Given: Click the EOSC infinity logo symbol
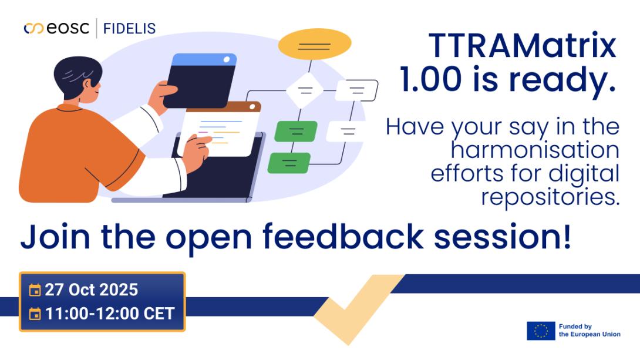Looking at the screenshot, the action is tap(33, 28).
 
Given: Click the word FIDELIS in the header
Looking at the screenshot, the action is tap(129, 29).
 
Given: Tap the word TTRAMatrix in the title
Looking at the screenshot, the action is tap(522, 45).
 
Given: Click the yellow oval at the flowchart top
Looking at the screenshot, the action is tap(314, 43).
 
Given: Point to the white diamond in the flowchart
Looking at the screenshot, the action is tap(305, 90).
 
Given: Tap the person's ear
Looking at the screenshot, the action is tap(86, 85).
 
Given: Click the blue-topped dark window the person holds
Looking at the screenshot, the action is tap(201, 80).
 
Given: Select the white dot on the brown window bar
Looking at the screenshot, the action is tap(252, 107).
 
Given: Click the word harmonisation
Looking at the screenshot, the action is tap(535, 150).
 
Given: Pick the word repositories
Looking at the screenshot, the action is tap(550, 197).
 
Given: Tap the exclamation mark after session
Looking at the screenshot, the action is tap(566, 235).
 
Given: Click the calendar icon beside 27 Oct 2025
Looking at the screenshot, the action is tap(35, 290).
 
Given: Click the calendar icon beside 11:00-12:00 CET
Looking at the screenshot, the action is tap(35, 314).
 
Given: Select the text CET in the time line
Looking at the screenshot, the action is tap(159, 314).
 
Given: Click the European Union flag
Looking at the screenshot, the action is tap(541, 331).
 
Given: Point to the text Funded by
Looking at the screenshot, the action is tap(575, 327).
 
